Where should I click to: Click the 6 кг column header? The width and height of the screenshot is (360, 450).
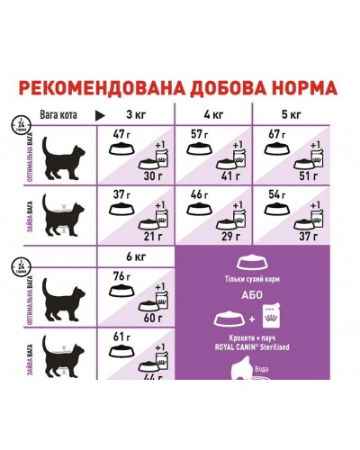click(x=135, y=257)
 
